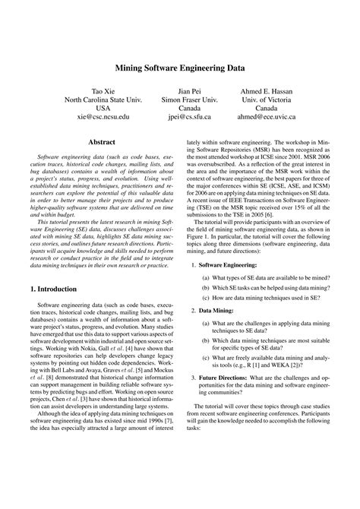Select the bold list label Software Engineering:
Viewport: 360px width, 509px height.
coord(230,265)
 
